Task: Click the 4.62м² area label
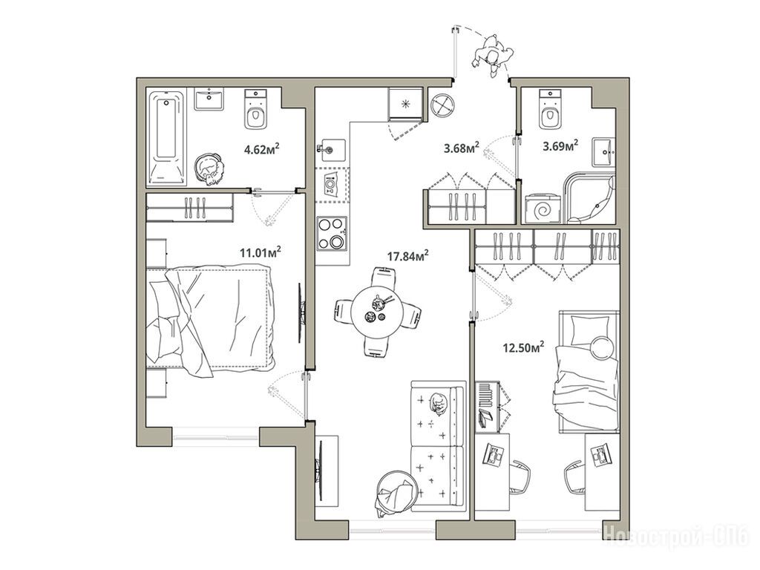pos(262,148)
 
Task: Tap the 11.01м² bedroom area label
pos(261,252)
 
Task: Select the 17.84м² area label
pos(407,255)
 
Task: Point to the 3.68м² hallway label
pos(462,148)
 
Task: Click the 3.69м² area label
pos(561,145)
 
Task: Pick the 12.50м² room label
pos(524,347)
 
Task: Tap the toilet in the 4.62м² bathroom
pos(255,110)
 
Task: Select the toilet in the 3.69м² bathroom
pos(550,110)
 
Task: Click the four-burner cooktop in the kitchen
pos(332,234)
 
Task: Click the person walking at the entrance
pos(493,56)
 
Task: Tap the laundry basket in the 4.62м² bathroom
pos(210,168)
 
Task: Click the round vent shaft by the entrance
pos(442,104)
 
